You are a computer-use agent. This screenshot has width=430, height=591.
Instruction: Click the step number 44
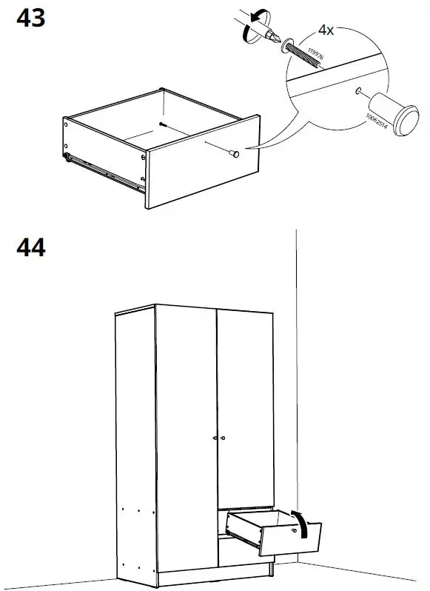point(30,247)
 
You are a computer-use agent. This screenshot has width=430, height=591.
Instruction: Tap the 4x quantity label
point(326,30)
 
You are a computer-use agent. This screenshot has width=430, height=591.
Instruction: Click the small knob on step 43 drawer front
point(234,153)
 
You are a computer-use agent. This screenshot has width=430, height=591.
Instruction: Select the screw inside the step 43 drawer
point(161,125)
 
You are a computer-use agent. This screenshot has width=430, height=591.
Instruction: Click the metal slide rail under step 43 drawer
point(104,171)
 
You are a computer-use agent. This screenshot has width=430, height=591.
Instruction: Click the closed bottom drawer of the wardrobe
point(244,555)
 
